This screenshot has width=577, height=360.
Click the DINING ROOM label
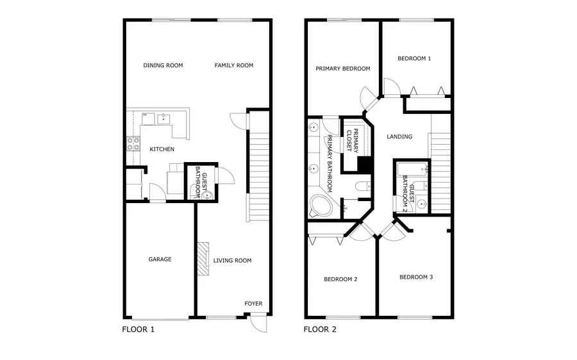coord(163,65)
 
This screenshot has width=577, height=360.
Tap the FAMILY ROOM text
coord(234,65)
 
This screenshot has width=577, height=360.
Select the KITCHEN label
coord(162,149)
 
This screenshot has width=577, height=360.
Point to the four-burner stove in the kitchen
coord(133,144)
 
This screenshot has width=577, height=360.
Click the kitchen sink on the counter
coord(164,118)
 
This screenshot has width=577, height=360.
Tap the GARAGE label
coord(160,259)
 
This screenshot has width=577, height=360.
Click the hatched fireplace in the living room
coord(203,259)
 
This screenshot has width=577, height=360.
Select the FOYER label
coord(253,304)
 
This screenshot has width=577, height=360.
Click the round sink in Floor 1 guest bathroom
coord(206,195)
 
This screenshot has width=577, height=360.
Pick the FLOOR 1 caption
coord(138,330)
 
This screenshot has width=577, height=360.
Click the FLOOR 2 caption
coord(319,330)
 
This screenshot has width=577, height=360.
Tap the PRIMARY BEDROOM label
coord(342,69)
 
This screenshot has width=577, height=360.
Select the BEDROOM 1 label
coord(414,58)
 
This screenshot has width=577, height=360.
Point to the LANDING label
coord(399,136)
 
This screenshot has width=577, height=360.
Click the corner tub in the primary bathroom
coord(320,205)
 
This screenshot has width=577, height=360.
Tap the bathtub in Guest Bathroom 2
coord(411,170)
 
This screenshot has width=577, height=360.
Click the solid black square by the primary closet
coord(365,165)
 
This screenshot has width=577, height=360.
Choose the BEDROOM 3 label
coord(416,277)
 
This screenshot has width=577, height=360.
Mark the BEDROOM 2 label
coord(340,279)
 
